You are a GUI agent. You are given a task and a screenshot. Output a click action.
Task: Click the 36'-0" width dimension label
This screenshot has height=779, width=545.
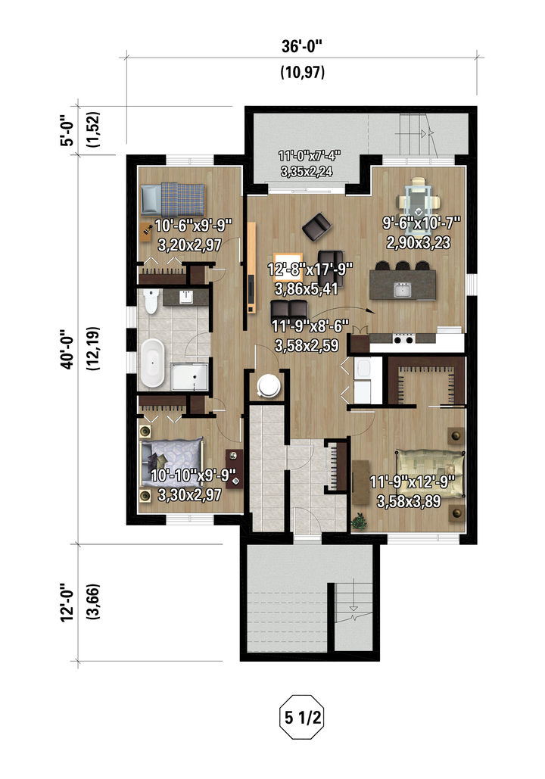(302, 46)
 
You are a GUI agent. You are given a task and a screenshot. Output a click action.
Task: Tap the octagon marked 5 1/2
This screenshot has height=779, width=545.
(302, 717)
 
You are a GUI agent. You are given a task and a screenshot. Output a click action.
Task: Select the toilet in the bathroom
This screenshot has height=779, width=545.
(151, 301)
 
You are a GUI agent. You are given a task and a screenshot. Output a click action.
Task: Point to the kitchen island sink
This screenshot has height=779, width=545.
(403, 290)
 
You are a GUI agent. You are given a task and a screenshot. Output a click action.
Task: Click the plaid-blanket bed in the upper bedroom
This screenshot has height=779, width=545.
(173, 198)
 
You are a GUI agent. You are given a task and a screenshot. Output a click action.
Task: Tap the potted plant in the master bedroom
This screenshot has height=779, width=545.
(358, 522)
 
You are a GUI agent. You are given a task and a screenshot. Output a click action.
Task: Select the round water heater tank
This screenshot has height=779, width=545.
(269, 385)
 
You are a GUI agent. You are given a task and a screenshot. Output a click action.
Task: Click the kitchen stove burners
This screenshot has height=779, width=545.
(404, 339)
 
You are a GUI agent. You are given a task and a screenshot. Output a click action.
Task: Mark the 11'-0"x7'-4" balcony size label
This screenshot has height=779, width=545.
(309, 155)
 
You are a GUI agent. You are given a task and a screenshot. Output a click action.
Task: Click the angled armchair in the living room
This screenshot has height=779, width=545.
(316, 227)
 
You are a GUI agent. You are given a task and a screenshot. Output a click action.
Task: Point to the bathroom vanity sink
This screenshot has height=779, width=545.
(186, 297)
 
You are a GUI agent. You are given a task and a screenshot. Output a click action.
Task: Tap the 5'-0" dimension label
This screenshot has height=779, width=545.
(67, 130)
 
